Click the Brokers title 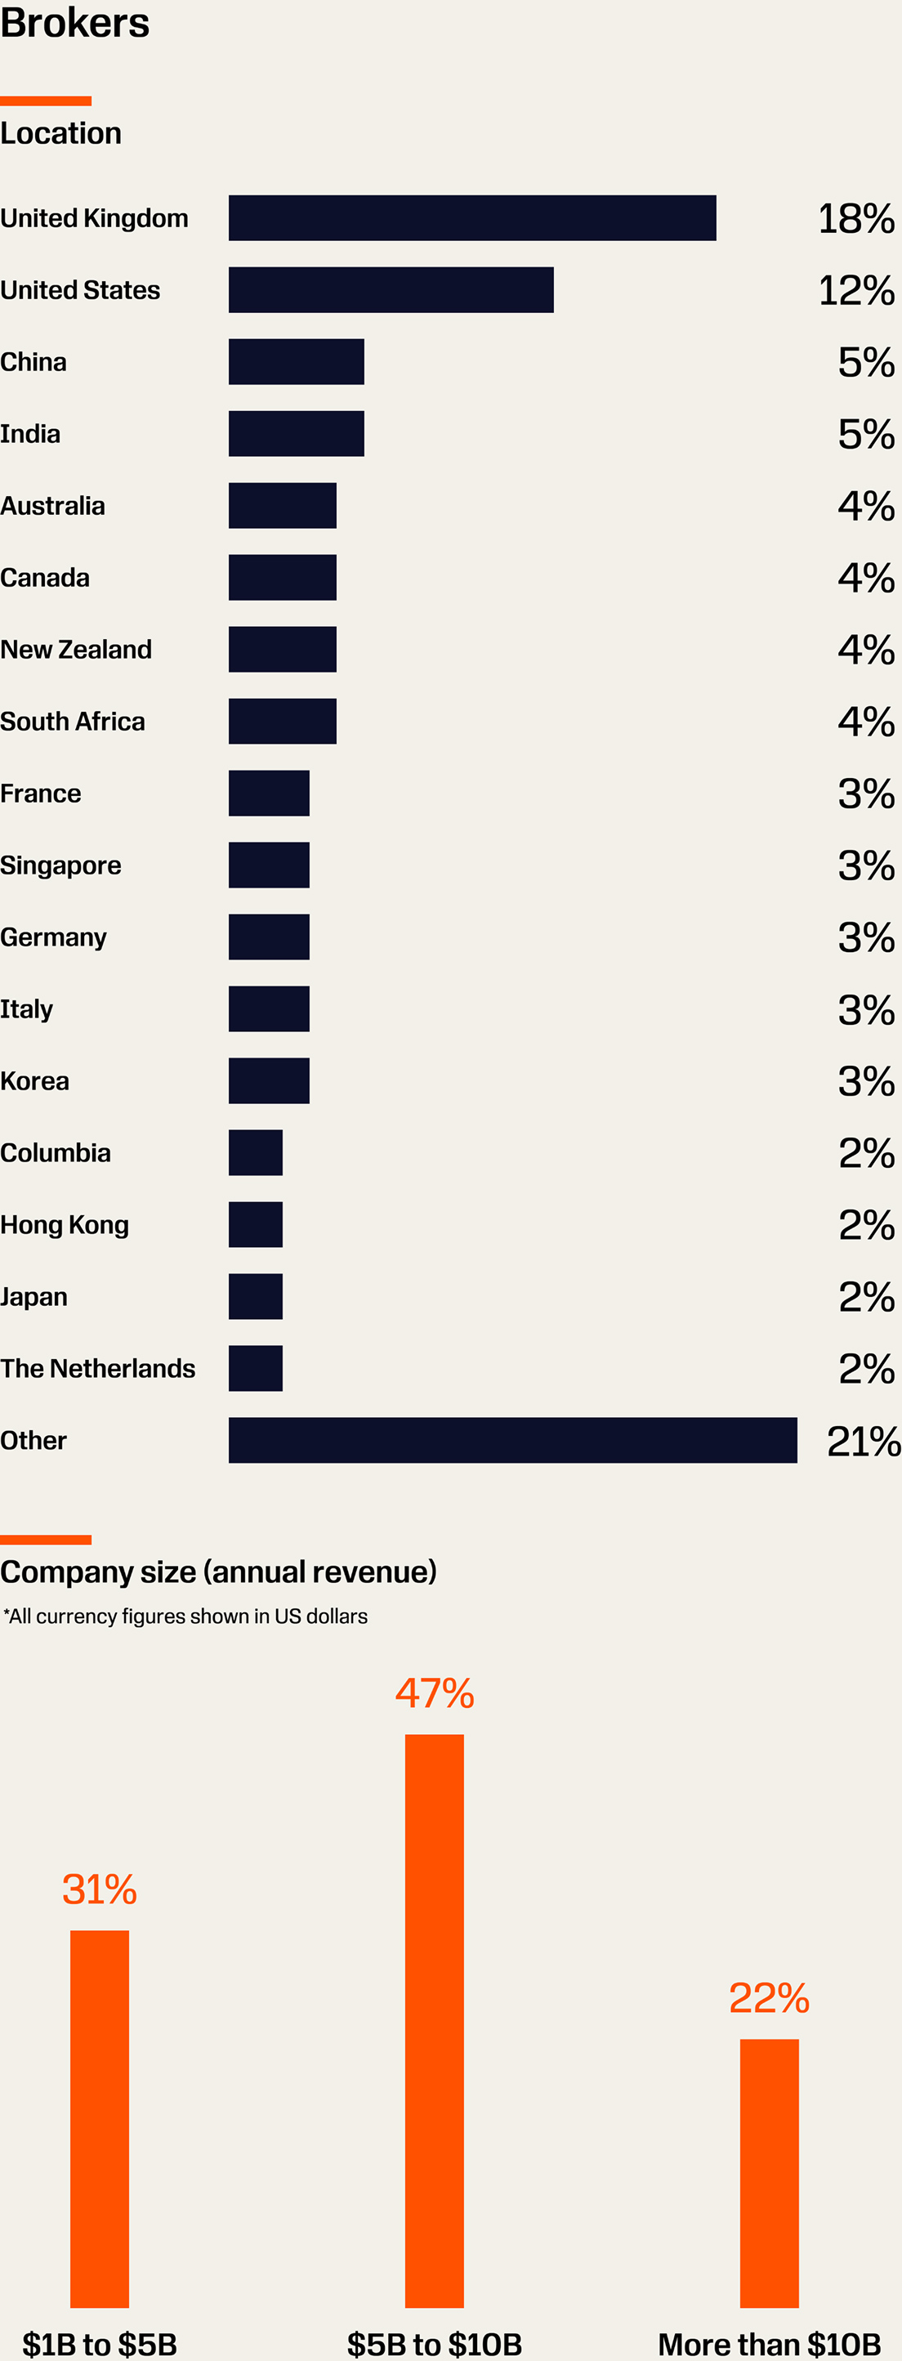74,22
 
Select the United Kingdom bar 472,218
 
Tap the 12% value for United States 855,291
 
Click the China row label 34,362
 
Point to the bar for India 296,433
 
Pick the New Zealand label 76,650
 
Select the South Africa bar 283,722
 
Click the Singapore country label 60,865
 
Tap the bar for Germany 269,937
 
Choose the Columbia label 55,1153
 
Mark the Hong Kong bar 256,1224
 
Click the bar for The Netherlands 256,1368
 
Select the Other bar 512,1440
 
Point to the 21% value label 863,1441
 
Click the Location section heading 60,134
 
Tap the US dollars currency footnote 185,1616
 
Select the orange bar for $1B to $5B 100,2118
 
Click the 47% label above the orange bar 435,1694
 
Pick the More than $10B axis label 769,2344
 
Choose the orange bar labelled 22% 769,2173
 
